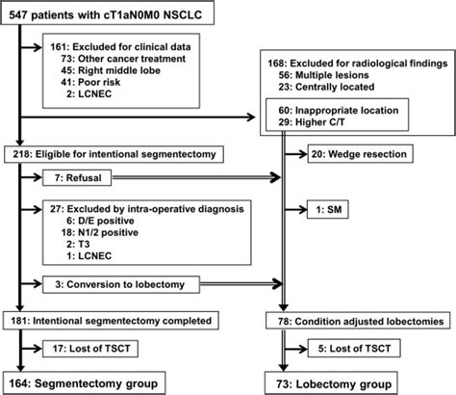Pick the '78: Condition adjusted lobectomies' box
(x=356, y=317)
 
